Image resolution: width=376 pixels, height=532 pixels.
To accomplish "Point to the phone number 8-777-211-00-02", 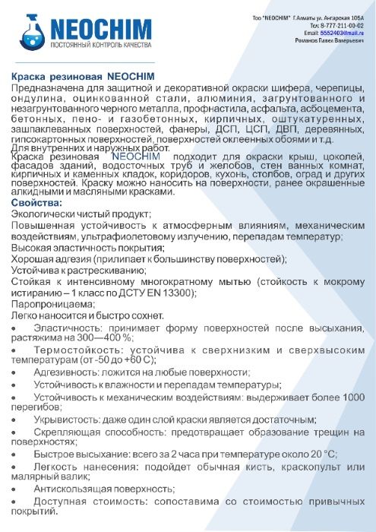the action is coord(340,26).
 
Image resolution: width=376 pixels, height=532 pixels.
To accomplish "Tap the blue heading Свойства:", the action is coord(36,204).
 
